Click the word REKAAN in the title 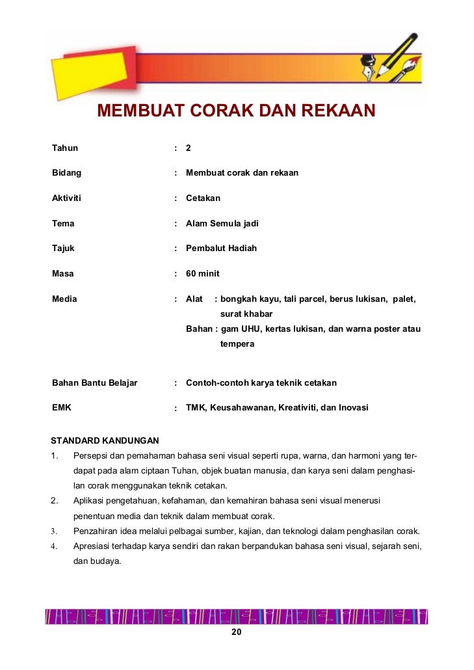(x=335, y=111)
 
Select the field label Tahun (x=64, y=148)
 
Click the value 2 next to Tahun (x=189, y=148)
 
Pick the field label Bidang (x=66, y=173)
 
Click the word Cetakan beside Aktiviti (x=203, y=198)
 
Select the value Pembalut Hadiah (x=221, y=248)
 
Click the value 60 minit (x=202, y=273)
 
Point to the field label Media (x=64, y=299)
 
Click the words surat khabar (x=246, y=314)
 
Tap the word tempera (x=237, y=343)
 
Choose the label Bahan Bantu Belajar (x=94, y=382)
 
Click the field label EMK (x=62, y=408)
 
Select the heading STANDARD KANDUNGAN (x=105, y=440)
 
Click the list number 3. (x=53, y=531)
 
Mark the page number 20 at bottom (x=237, y=633)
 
